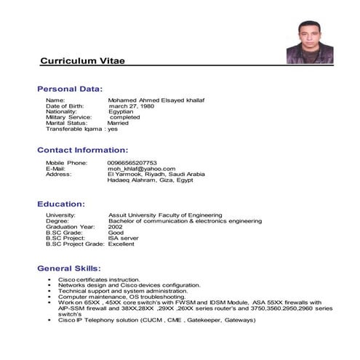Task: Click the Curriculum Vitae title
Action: pos(82,60)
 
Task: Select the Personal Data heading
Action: pos(79,89)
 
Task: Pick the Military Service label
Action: pos(69,117)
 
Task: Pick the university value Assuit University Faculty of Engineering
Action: pos(176,216)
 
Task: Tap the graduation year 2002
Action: pos(116,228)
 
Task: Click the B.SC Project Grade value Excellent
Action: pos(121,244)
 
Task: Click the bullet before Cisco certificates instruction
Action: pos(49,280)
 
